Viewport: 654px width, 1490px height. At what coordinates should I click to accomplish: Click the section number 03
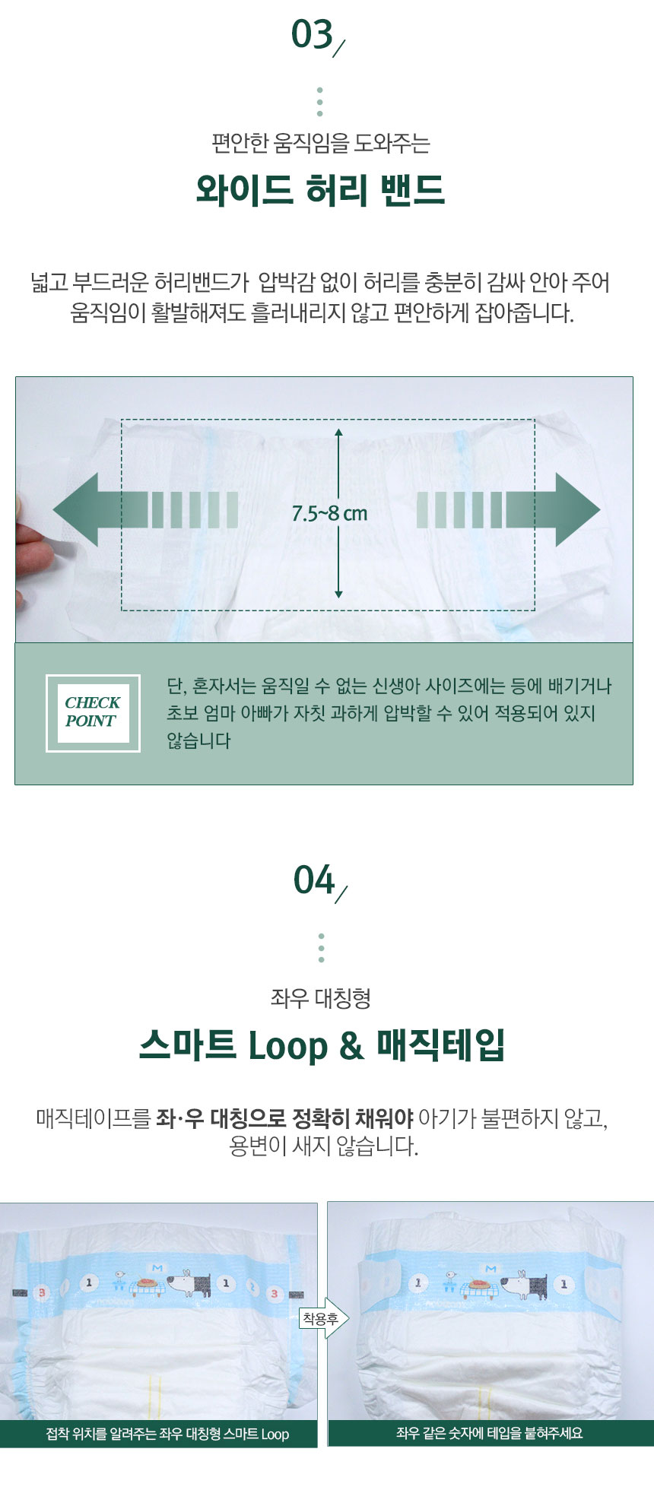(x=313, y=35)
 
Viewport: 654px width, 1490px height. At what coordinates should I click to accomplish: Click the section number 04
(x=314, y=880)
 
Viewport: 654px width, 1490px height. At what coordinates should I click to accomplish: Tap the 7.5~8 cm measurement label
(x=329, y=514)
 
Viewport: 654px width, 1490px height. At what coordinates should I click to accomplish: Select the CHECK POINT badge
(x=93, y=712)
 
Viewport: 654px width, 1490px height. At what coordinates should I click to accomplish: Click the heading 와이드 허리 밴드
(x=321, y=190)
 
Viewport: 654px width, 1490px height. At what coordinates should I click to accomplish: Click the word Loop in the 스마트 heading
(x=289, y=1047)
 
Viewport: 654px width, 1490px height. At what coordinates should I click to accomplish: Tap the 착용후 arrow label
(x=322, y=1318)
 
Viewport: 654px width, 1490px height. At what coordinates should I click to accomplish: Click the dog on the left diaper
(x=186, y=1282)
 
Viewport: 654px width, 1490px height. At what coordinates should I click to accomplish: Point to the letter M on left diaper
(x=157, y=1268)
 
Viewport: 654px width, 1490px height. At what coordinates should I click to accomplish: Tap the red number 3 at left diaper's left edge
(x=43, y=1292)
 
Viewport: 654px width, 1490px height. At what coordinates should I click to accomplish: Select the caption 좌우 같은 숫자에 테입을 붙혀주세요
(x=490, y=1433)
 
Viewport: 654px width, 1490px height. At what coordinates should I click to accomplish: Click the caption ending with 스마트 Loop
(x=167, y=1435)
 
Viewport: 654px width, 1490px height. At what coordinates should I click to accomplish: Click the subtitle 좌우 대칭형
(x=321, y=998)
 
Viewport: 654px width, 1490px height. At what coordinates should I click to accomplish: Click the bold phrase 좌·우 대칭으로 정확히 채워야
(x=284, y=1118)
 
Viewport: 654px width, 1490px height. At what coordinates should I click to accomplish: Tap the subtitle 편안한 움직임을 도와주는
(x=321, y=143)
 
